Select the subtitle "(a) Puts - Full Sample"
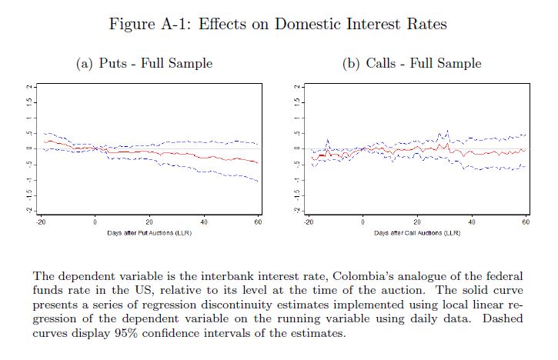(144, 63)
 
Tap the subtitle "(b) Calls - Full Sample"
(412, 63)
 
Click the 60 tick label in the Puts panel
(257, 222)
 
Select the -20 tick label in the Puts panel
(40, 222)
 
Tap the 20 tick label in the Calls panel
(417, 222)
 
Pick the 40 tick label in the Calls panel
(472, 222)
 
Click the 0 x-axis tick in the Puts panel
(95, 222)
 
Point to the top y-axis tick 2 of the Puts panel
(29, 86)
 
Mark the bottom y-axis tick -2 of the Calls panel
(298, 209)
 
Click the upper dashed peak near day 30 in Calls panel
(447, 131)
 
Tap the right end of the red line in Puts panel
(258, 163)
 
